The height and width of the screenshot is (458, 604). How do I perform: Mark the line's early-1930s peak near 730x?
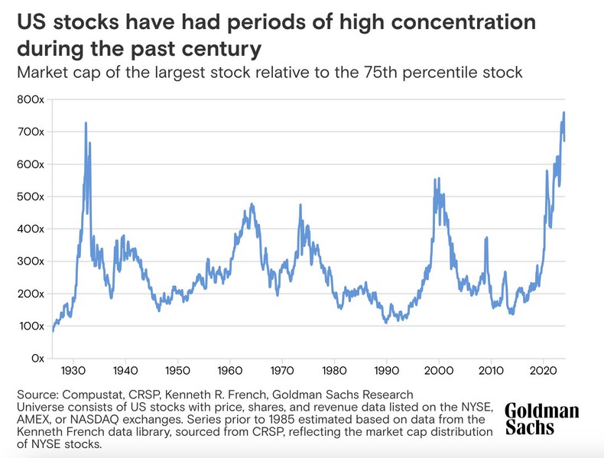[86, 123]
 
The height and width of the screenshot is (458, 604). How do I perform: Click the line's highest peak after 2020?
[563, 113]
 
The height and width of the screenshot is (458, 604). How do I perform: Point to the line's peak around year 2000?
[435, 180]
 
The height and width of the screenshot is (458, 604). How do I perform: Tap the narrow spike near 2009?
[486, 239]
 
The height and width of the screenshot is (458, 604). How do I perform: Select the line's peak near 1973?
[300, 205]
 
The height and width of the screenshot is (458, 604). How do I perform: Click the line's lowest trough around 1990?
[386, 322]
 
